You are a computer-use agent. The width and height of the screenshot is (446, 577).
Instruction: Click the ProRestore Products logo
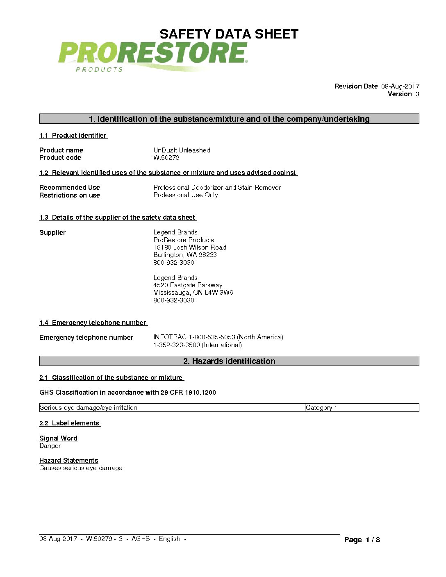(152, 57)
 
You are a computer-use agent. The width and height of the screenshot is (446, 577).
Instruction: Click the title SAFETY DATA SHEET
(229, 34)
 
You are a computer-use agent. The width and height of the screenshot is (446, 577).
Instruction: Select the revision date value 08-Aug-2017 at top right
(400, 86)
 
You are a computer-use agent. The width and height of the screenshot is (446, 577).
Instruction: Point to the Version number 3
(417, 94)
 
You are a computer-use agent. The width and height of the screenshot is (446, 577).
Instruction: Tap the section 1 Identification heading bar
(229, 119)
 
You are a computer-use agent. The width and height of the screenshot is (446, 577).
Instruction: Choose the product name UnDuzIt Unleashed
(182, 150)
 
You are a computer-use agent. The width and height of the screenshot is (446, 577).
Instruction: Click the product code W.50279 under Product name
(166, 157)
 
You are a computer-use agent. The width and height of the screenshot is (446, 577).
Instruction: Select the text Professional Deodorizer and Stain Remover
(217, 187)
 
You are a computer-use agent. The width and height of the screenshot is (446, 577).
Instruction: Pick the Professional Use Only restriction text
(185, 195)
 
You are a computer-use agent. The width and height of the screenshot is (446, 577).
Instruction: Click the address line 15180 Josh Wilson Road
(190, 247)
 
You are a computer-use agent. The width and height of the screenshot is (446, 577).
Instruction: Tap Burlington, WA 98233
(185, 254)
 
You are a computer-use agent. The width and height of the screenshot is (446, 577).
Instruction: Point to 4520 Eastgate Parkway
(188, 285)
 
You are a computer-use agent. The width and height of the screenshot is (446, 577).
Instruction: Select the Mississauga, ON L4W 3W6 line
(193, 292)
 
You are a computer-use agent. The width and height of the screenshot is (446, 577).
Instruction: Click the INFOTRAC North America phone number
(218, 337)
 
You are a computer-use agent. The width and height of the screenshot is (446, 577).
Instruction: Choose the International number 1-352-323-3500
(198, 345)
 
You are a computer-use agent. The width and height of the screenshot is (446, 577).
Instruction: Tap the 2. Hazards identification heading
(229, 361)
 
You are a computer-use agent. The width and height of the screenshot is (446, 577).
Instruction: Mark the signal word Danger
(50, 445)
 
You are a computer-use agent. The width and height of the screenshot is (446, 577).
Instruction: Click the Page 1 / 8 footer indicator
(362, 540)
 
